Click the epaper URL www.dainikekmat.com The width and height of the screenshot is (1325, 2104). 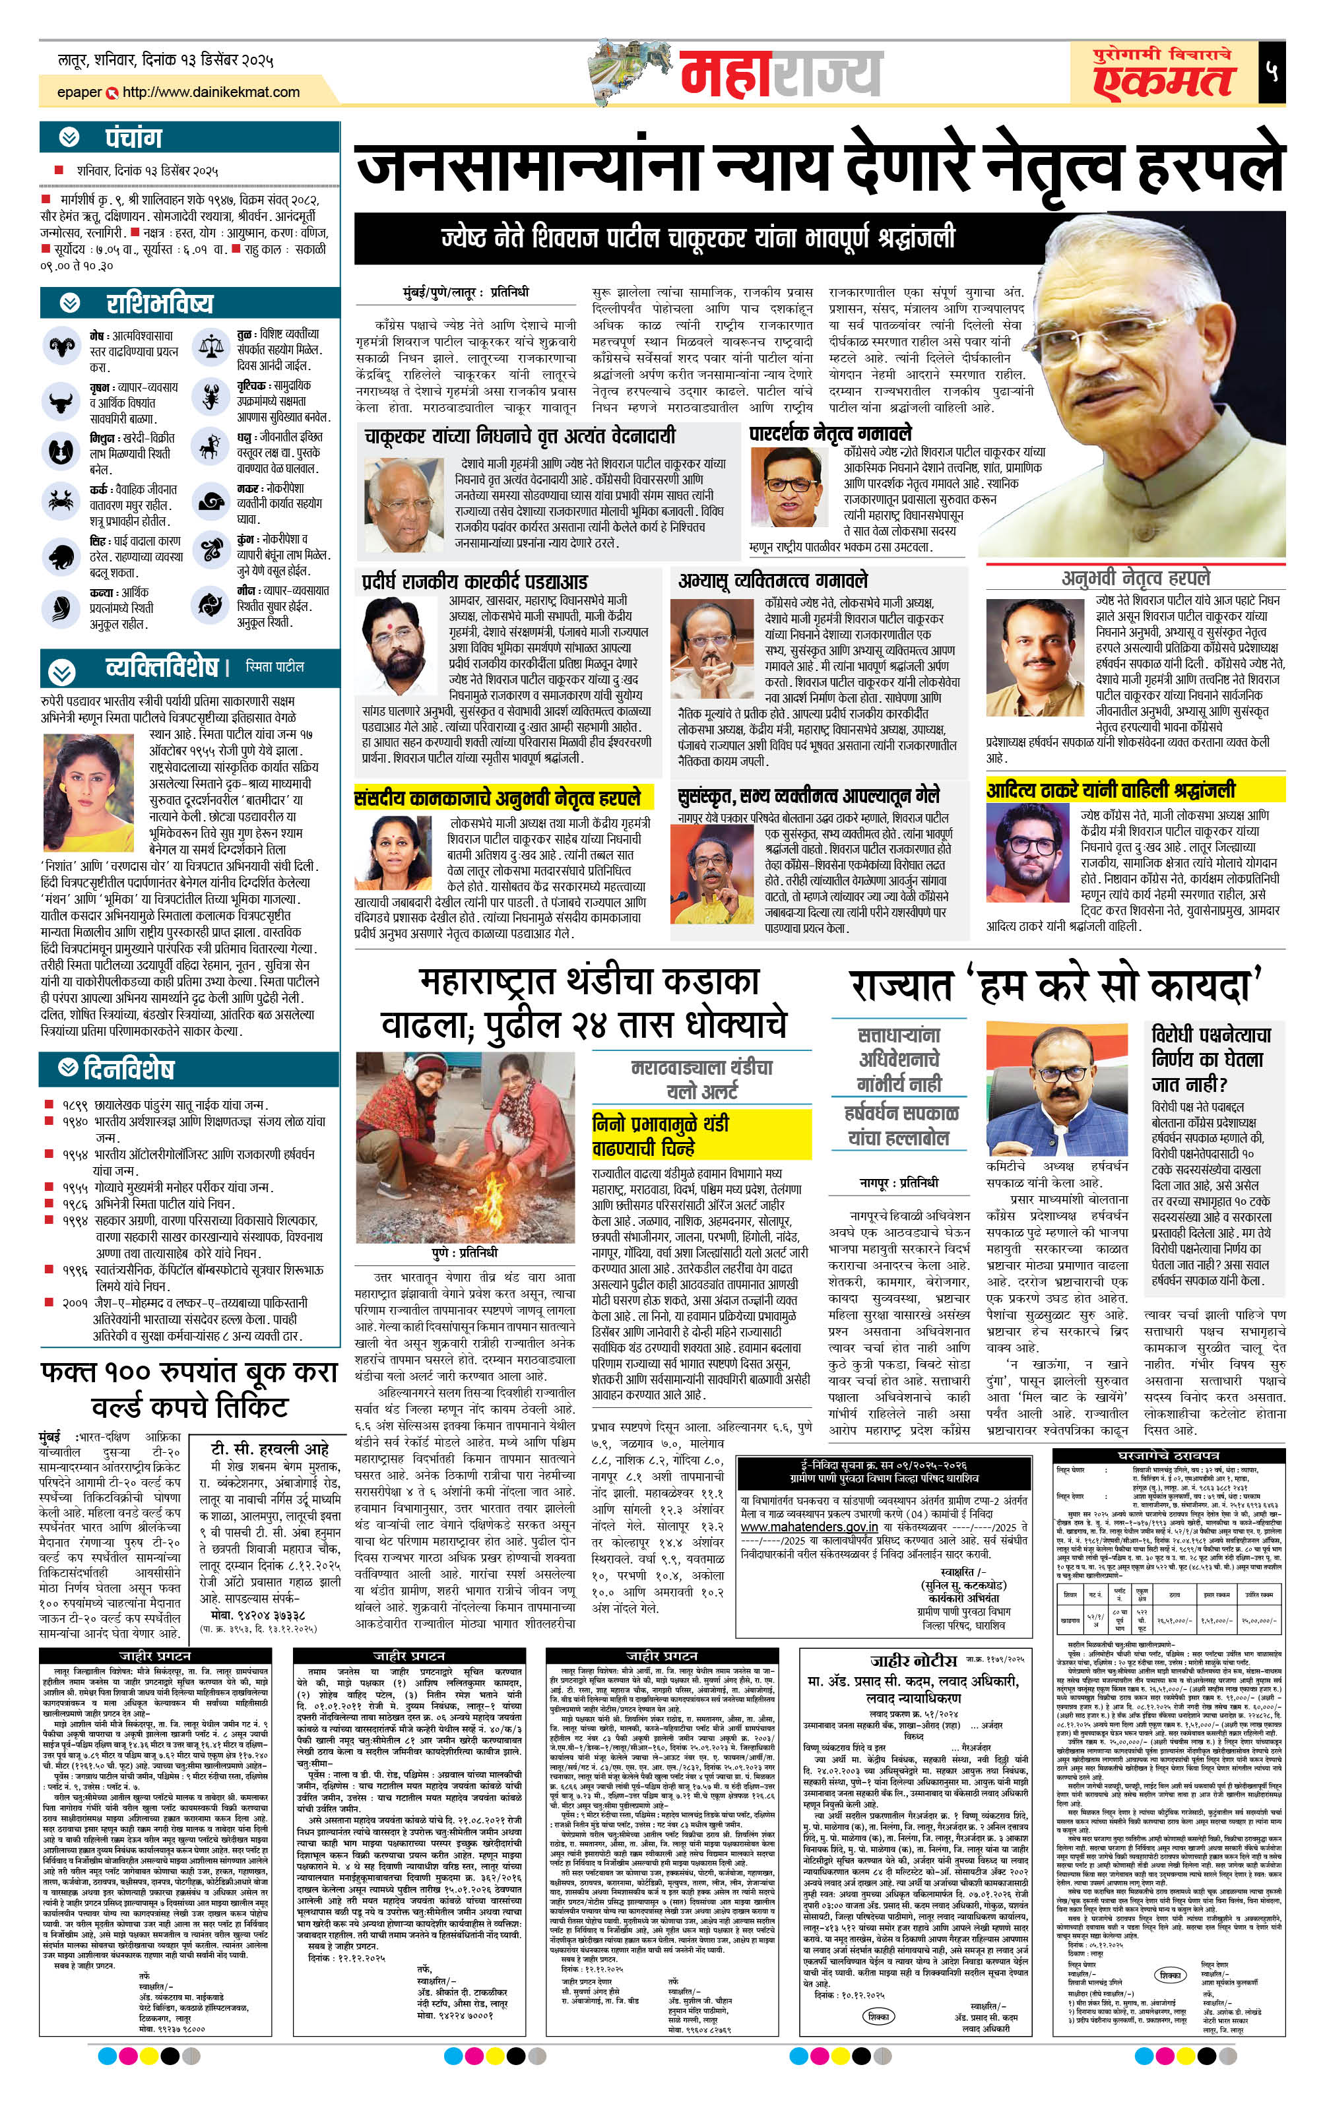[210, 92]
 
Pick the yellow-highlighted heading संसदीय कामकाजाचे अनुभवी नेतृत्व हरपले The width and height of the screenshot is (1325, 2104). [498, 797]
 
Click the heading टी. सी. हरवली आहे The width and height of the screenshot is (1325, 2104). [269, 1447]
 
